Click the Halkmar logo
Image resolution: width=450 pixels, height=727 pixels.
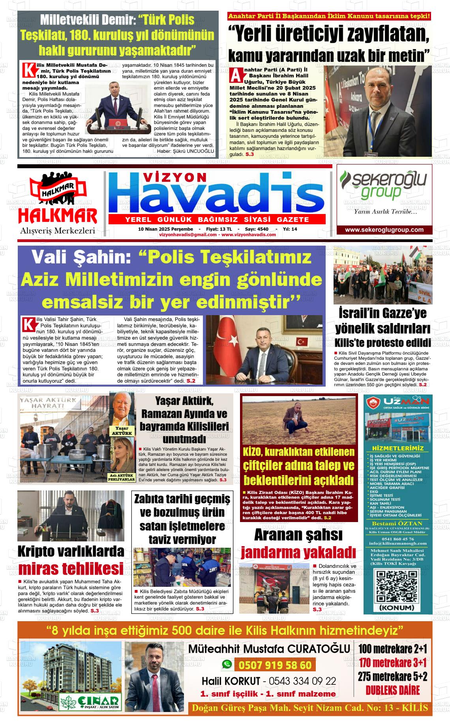[x=58, y=201]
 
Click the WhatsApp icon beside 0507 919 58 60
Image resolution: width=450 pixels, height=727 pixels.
[x=227, y=665]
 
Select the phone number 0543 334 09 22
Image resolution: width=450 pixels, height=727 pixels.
[x=302, y=681]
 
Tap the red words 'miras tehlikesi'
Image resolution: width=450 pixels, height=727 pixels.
[x=71, y=569]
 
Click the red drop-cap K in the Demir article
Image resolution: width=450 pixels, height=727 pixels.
[x=28, y=70]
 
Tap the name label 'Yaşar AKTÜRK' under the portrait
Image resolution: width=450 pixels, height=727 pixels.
[x=122, y=431]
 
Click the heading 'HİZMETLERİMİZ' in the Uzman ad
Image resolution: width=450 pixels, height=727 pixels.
[x=398, y=448]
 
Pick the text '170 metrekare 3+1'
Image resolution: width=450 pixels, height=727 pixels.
[x=393, y=662]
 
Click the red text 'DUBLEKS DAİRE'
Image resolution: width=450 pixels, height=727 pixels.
[x=393, y=690]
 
